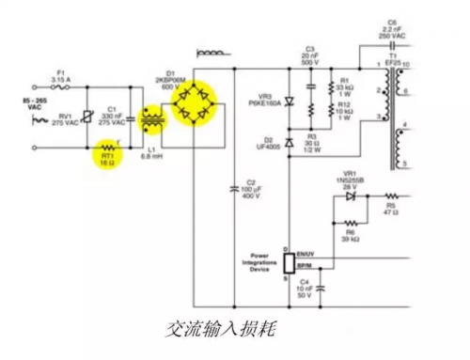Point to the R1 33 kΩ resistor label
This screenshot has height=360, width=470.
tap(344, 86)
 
